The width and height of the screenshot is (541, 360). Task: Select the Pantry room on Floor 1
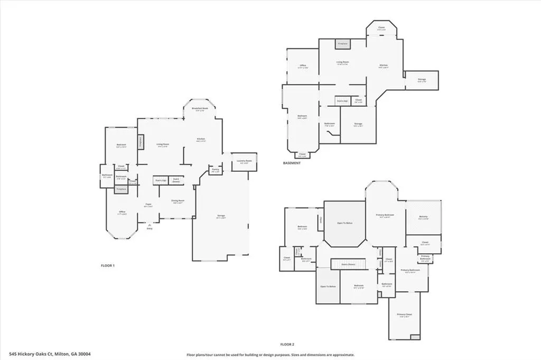tap(216, 170)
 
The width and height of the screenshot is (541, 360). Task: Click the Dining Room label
tap(178, 201)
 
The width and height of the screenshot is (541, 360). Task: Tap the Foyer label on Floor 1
tap(149, 205)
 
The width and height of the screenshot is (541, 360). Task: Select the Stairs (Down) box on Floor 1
tap(176, 180)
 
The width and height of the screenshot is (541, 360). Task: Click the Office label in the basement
tap(303, 67)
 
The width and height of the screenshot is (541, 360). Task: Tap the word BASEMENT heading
tap(292, 163)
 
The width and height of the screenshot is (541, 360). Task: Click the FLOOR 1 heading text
tap(108, 265)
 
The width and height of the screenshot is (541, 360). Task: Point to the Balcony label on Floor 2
tap(423, 217)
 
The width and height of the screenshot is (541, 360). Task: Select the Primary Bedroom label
tap(385, 215)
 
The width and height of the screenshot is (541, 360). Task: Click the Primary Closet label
tap(404, 315)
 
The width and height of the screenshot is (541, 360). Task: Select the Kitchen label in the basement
tap(384, 66)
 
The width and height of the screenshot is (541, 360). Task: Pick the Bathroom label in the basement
tap(329, 124)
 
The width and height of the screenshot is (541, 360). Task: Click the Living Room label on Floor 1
tap(162, 144)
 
